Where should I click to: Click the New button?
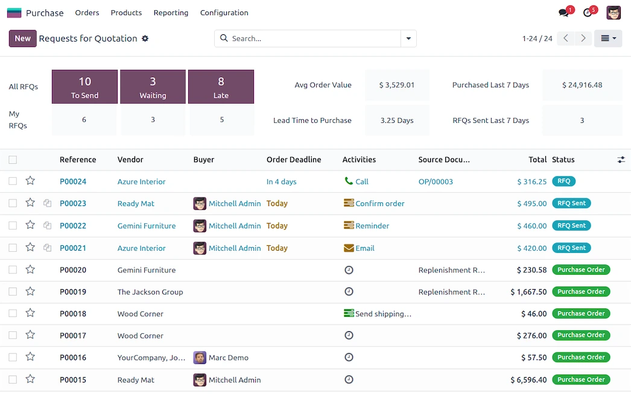point(22,39)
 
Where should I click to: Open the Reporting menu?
point(171,13)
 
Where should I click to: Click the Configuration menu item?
point(224,13)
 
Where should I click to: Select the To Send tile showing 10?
point(84,87)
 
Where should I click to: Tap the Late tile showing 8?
point(221,87)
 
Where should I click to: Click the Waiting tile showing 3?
point(153,87)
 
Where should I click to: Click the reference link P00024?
point(73,181)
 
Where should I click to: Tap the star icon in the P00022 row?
point(30,225)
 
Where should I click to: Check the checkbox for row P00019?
point(13,292)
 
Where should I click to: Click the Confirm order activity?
point(379,204)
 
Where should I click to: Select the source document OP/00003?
point(436,181)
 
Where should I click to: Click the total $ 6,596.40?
point(528,380)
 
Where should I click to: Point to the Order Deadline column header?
point(294,160)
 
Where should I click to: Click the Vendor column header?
point(130,160)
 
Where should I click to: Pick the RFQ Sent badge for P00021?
point(571,248)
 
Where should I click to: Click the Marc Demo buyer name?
point(229,358)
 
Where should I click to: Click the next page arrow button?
point(583,39)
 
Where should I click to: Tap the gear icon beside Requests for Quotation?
point(145,39)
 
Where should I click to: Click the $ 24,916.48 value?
point(582,85)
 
